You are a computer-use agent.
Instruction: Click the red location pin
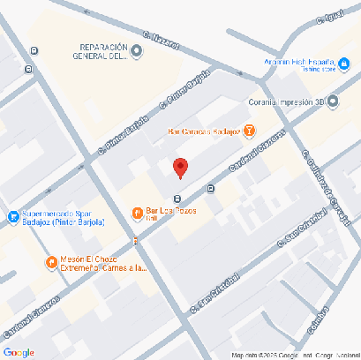point(180,167)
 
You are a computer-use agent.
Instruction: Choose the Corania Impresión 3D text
point(288,101)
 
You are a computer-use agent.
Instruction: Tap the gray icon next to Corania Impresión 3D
point(333,101)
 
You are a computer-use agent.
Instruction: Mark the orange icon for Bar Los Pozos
point(137,213)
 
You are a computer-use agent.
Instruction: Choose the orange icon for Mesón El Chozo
point(51,262)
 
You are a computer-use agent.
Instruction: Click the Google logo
point(19,352)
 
